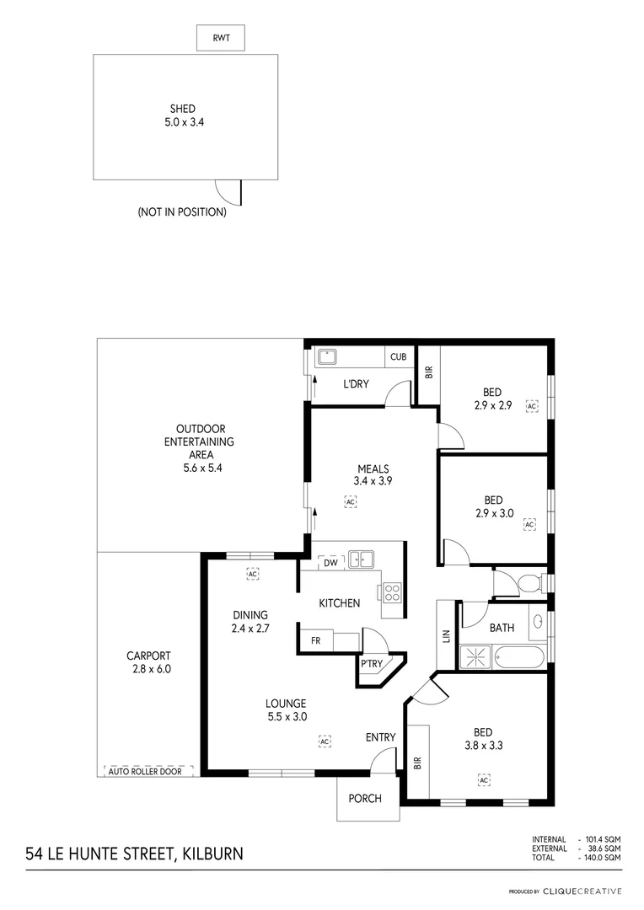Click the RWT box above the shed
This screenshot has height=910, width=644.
[x=220, y=38]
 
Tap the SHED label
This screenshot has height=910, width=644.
[x=183, y=109]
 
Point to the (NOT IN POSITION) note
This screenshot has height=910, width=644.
[x=182, y=212]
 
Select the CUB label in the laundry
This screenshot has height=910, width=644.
[x=398, y=357]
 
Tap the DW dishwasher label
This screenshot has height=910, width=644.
[x=330, y=563]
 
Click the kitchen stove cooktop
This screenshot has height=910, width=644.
[x=392, y=592]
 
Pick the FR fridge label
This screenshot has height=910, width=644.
[x=315, y=641]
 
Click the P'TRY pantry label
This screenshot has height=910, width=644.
[x=371, y=664]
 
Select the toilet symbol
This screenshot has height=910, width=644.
[x=528, y=583]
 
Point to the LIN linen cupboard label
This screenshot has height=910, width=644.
[x=444, y=635]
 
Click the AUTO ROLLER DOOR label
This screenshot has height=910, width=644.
[x=148, y=771]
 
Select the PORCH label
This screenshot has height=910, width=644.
[x=365, y=799]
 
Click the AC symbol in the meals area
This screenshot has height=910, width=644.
[x=351, y=501]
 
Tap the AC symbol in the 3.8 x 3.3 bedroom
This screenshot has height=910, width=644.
[x=484, y=780]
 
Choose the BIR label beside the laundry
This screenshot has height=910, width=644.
[x=428, y=371]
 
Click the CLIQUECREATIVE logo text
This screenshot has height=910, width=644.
[x=582, y=891]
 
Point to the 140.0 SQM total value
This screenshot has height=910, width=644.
[x=603, y=857]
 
